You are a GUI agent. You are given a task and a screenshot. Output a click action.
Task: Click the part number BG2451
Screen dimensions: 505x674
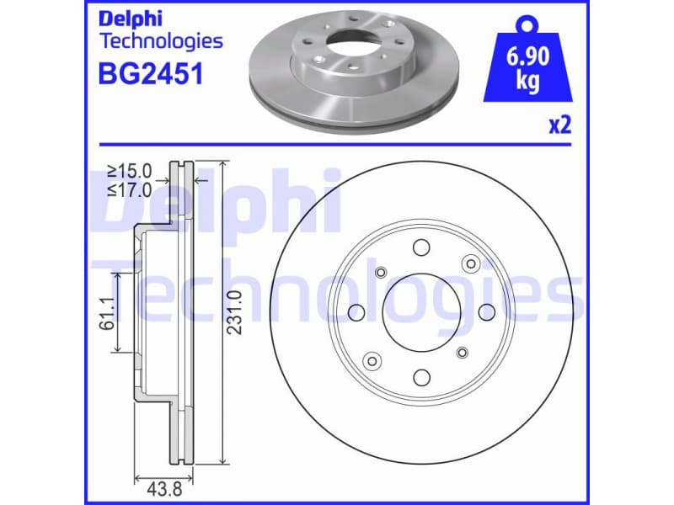pos(150,74)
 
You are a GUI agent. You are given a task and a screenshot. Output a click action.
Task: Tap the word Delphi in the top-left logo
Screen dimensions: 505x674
pos(131,19)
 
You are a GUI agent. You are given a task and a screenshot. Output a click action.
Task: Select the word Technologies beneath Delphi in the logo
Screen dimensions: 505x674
pos(161,40)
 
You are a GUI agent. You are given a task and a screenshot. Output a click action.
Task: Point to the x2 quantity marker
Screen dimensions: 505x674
pos(559,126)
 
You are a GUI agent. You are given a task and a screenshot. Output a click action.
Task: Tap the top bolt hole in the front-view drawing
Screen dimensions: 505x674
pos(420,247)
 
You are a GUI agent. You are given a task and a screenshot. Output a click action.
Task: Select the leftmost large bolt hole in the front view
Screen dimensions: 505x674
pos(356,313)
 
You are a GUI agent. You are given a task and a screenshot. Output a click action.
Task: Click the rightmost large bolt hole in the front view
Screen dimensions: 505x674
pos(486,313)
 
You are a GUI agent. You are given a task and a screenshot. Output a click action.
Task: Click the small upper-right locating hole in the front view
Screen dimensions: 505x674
pos(469,265)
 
